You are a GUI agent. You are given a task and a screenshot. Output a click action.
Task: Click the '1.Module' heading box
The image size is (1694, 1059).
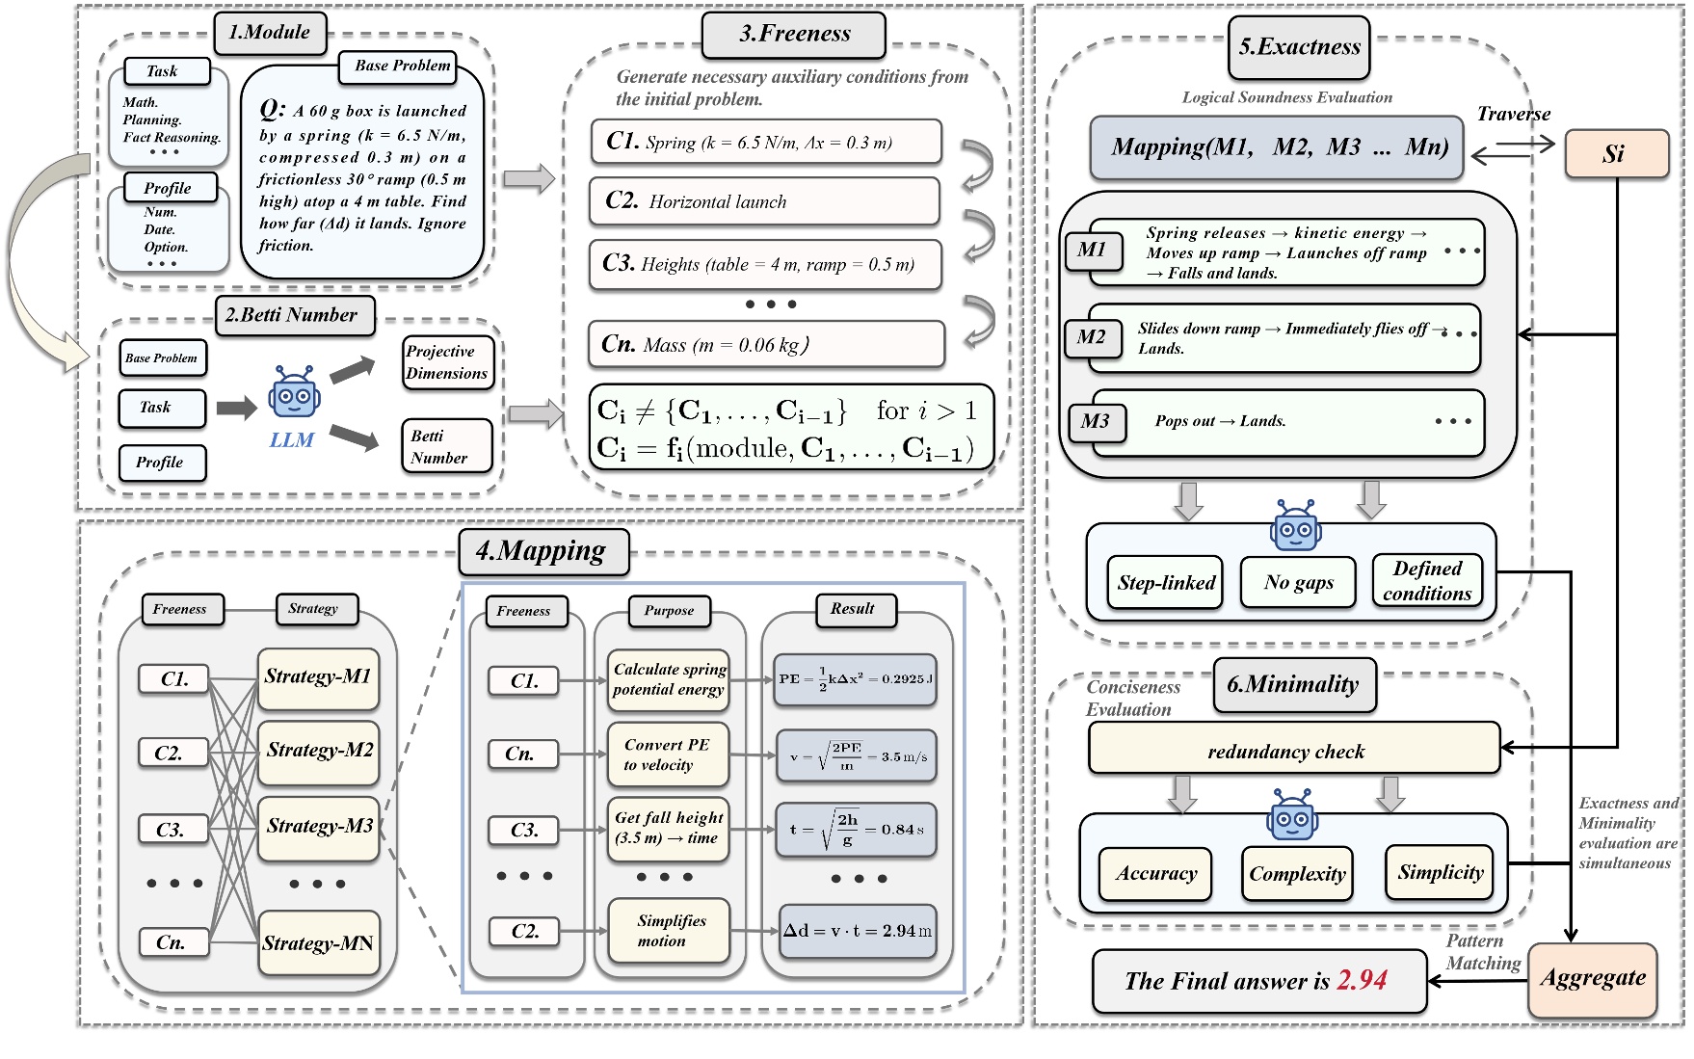point(270,32)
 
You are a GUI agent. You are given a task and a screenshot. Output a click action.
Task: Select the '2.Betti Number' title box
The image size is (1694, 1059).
point(294,315)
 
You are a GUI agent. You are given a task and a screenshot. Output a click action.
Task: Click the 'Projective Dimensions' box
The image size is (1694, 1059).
point(447,362)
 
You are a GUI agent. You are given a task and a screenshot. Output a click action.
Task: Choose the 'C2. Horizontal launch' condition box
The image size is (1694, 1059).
point(764,201)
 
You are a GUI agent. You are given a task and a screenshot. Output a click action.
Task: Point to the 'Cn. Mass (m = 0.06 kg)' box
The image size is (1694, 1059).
point(766,345)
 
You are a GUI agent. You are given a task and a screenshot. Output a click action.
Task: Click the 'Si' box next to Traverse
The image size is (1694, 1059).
point(1616,154)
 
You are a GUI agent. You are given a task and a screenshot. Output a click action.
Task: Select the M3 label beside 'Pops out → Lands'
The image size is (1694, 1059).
point(1096,422)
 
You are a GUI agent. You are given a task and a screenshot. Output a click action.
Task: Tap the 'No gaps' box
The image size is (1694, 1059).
point(1298,582)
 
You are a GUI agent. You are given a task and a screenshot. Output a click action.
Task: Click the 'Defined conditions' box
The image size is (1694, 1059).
point(1426,581)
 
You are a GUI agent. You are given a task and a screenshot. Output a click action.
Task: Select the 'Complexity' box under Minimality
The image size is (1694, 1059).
point(1297,874)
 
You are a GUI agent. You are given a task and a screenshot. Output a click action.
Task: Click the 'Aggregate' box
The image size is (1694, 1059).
point(1592,978)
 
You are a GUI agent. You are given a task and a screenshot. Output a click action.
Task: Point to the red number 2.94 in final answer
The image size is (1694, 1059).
point(1362,981)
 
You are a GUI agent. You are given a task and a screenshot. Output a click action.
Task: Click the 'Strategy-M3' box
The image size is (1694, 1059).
point(319,827)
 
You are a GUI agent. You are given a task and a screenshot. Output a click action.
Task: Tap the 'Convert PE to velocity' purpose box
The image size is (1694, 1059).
point(667,755)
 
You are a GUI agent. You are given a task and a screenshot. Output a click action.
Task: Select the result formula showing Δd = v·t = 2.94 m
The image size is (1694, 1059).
point(857,931)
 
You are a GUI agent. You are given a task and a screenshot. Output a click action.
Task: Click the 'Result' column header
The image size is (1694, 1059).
point(852,609)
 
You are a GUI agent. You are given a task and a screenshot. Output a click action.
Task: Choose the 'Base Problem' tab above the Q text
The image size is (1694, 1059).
point(402,66)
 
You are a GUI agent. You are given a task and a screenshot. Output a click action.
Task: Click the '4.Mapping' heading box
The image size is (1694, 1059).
point(542,551)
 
